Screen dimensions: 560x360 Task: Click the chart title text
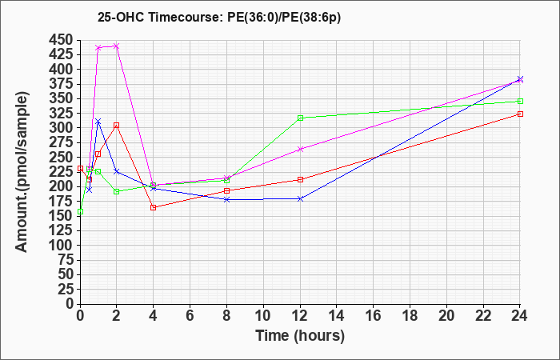[219, 17]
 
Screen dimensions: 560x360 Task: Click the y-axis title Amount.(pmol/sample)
[22, 172]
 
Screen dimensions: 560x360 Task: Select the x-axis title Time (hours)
[300, 336]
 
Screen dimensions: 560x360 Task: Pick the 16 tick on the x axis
[374, 316]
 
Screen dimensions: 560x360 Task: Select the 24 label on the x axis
[520, 316]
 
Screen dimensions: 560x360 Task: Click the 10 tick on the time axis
[263, 316]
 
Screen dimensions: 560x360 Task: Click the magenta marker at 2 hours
[117, 46]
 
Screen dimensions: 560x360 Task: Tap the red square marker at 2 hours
[117, 126]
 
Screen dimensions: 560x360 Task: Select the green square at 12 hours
[300, 118]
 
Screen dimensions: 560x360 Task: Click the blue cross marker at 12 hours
[300, 198]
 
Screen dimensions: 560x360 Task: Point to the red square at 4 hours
[154, 207]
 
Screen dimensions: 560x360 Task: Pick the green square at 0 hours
[80, 211]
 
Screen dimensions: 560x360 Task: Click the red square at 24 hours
[520, 114]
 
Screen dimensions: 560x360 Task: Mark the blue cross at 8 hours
[226, 199]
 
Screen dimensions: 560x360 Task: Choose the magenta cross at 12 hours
[300, 149]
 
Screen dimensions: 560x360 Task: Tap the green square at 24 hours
[520, 101]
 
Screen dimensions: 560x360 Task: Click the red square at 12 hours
[300, 179]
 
